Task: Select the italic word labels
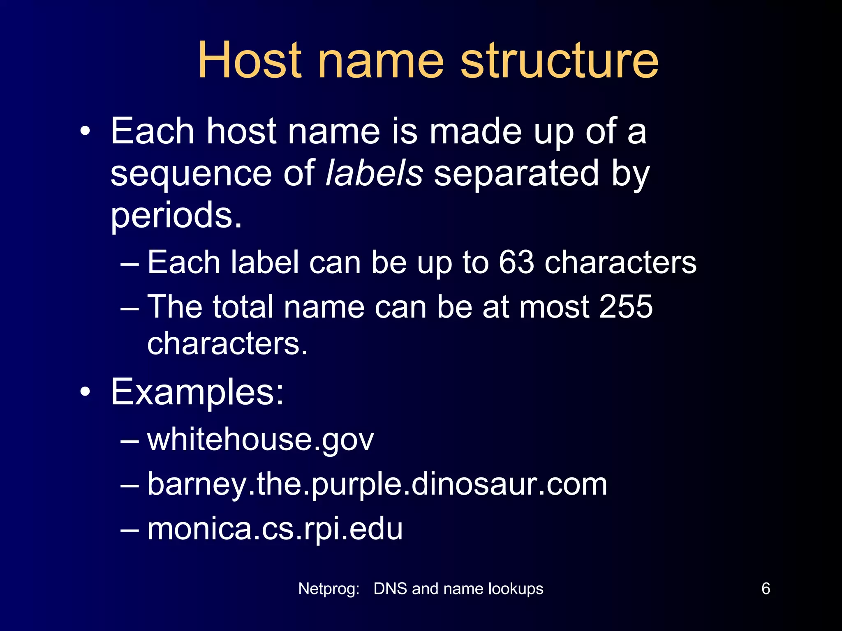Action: [374, 173]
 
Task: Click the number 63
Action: [516, 262]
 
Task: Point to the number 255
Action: [626, 306]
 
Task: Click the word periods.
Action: [176, 215]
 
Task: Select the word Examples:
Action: [197, 392]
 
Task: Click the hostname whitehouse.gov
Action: [261, 440]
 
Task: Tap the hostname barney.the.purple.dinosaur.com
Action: [377, 484]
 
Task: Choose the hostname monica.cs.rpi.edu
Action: [275, 529]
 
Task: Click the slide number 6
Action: [766, 589]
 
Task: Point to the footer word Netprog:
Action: [329, 589]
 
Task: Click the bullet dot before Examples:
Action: [85, 392]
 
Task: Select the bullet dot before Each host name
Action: [85, 131]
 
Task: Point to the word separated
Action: [516, 173]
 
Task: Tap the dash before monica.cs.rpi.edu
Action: [130, 530]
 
